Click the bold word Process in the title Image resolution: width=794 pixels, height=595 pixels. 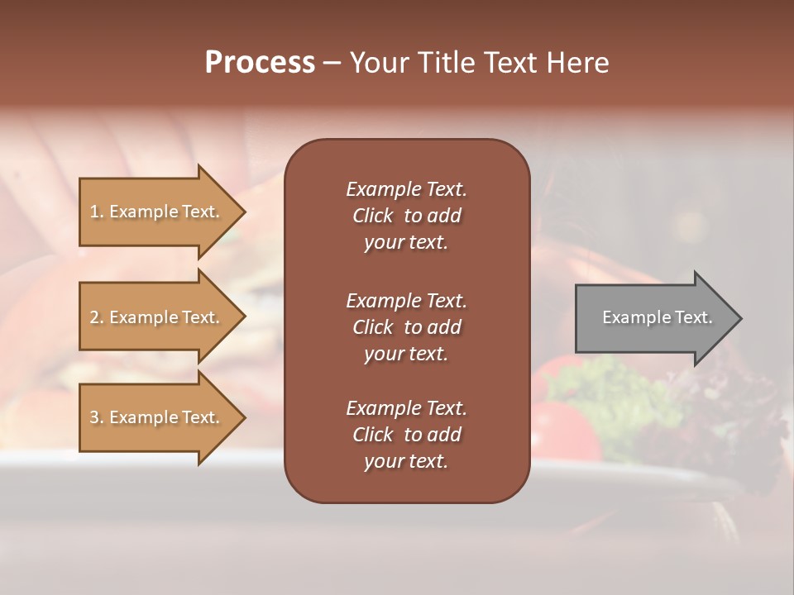click(260, 63)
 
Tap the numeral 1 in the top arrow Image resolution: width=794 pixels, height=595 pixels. click(93, 212)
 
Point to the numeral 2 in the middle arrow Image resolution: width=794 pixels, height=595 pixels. click(94, 317)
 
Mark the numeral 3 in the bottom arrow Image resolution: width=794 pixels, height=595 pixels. click(94, 417)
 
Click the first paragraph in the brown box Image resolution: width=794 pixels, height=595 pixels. click(406, 216)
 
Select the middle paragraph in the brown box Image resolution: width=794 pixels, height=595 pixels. click(406, 326)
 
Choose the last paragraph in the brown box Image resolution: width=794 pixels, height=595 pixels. click(406, 435)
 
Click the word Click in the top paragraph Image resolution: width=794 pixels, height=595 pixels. click(372, 216)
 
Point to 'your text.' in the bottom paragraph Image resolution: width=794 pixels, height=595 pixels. click(406, 461)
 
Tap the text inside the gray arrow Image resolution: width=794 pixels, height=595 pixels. click(657, 317)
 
